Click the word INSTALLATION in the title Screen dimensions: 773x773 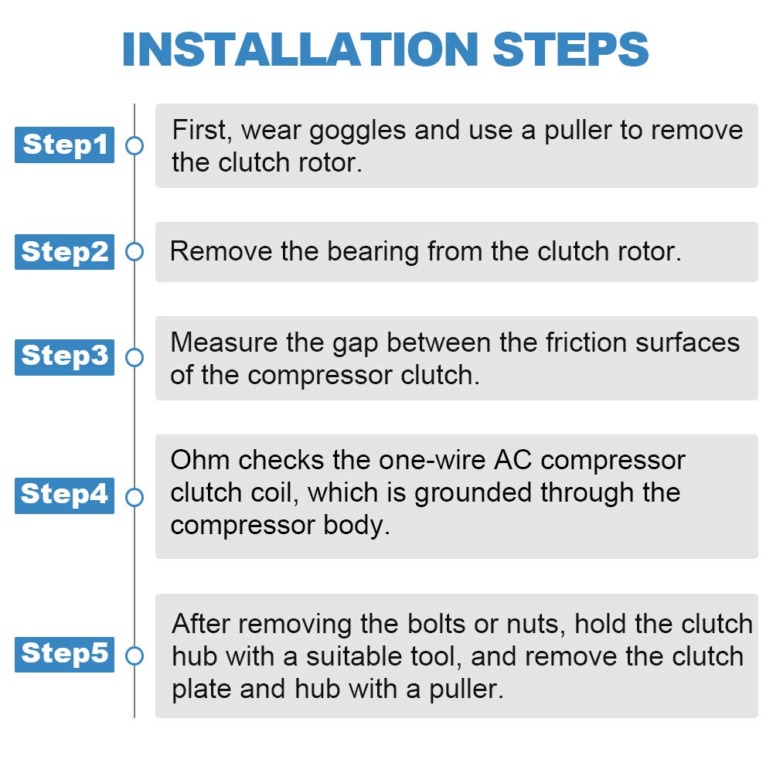[300, 49]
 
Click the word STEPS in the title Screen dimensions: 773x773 [570, 49]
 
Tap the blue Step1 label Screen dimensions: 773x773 [65, 145]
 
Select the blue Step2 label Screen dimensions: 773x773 [65, 252]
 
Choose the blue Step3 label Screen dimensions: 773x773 [65, 357]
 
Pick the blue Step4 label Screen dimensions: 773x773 [65, 495]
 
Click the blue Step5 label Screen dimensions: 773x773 [65, 654]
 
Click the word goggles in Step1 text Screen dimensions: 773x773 [357, 132]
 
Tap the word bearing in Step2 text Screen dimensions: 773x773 [373, 253]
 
